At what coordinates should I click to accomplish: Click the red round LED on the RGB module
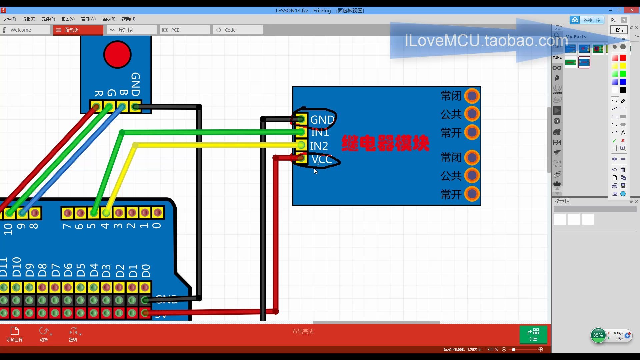click(x=117, y=54)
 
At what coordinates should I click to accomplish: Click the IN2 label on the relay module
click(x=319, y=146)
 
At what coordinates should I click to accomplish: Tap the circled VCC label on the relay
click(x=321, y=159)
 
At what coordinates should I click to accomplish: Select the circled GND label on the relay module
click(x=322, y=119)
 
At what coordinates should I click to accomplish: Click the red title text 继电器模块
click(x=385, y=143)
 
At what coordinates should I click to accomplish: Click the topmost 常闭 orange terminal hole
click(x=472, y=96)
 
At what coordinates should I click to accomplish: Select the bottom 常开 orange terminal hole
click(x=472, y=194)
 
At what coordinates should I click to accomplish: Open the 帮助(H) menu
click(x=128, y=19)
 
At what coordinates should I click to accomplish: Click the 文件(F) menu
click(x=9, y=19)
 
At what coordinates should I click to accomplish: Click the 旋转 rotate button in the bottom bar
click(x=44, y=334)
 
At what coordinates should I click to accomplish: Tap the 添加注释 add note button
click(x=14, y=334)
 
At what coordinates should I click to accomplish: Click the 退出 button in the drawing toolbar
click(x=619, y=30)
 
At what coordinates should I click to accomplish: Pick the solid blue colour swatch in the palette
click(x=623, y=82)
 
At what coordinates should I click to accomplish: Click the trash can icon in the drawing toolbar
click(x=623, y=170)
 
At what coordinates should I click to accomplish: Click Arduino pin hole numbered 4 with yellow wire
click(x=106, y=213)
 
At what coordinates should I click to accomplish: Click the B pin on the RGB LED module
click(x=122, y=107)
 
